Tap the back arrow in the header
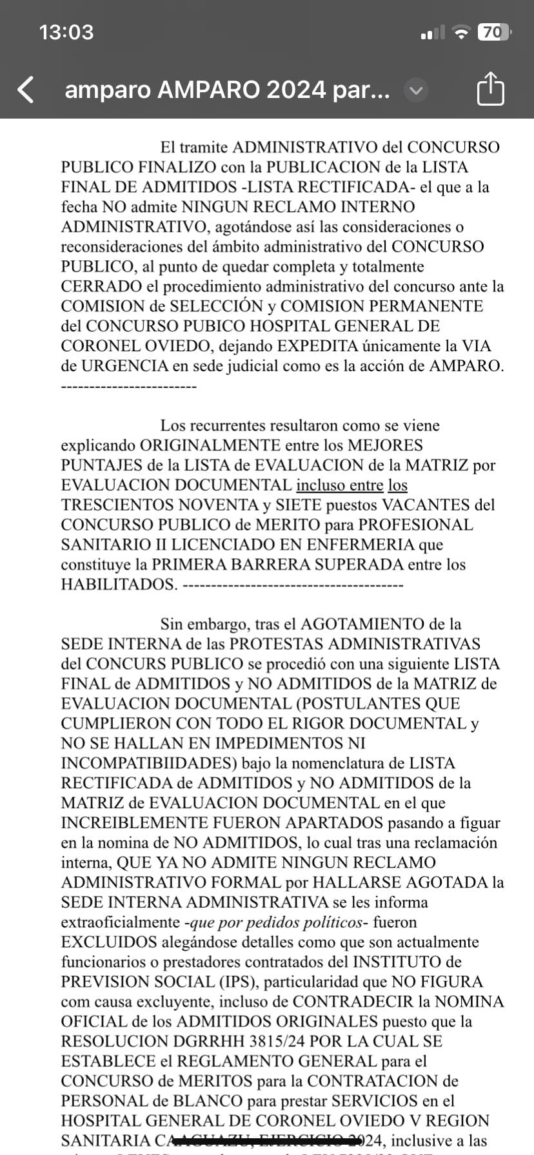26,90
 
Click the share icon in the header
490,89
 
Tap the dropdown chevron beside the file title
416,90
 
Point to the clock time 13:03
66,32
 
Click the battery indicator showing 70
493,32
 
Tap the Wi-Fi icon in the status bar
460,32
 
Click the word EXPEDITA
322,346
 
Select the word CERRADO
101,286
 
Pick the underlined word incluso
321,485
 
